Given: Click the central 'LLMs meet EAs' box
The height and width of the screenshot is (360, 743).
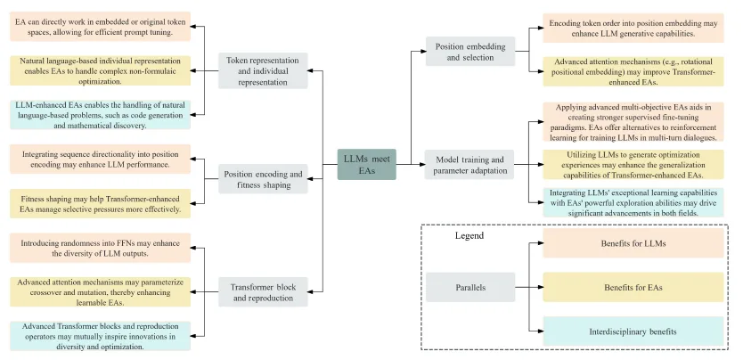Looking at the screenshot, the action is pyautogui.click(x=367, y=164).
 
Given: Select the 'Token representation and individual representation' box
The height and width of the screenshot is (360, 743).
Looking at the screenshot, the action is pyautogui.click(x=263, y=71).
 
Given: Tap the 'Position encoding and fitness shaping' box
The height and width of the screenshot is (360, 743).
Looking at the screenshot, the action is pyautogui.click(x=263, y=179).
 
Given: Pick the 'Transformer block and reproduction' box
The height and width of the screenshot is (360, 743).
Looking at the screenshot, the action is pyautogui.click(x=263, y=291).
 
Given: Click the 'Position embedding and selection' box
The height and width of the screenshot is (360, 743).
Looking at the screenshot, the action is pyautogui.click(x=470, y=51).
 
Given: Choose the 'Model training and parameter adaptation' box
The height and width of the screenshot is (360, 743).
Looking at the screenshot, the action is pyautogui.click(x=469, y=164).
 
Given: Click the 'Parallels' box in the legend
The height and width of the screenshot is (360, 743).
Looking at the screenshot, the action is pyautogui.click(x=470, y=287).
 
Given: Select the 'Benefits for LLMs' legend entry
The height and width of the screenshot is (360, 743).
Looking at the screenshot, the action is pyautogui.click(x=633, y=243).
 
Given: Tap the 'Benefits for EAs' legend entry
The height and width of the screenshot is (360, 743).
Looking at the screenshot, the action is pyautogui.click(x=633, y=287).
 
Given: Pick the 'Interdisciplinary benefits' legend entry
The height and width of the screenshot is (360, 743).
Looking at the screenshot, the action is pyautogui.click(x=633, y=331).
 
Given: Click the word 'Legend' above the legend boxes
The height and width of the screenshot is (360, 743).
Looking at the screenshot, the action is pyautogui.click(x=469, y=235).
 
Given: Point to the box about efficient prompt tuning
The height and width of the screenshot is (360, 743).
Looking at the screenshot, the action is pyautogui.click(x=101, y=27).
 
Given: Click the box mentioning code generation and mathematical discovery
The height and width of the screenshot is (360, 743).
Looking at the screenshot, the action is pyautogui.click(x=101, y=115).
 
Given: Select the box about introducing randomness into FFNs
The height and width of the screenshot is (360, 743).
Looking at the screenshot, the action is pyautogui.click(x=101, y=248).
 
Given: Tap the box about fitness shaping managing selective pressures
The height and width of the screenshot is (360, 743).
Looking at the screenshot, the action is pyautogui.click(x=101, y=204).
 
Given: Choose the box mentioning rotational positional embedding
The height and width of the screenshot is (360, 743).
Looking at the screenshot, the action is pyautogui.click(x=633, y=71).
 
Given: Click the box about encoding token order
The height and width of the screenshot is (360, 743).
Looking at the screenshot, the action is pyautogui.click(x=633, y=28).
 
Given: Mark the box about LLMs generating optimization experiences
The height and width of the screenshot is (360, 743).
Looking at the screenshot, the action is pyautogui.click(x=633, y=164).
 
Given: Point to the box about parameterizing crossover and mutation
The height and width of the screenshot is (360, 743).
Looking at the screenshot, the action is pyautogui.click(x=101, y=291).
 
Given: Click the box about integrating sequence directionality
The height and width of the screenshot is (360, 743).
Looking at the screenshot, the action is pyautogui.click(x=101, y=160).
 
